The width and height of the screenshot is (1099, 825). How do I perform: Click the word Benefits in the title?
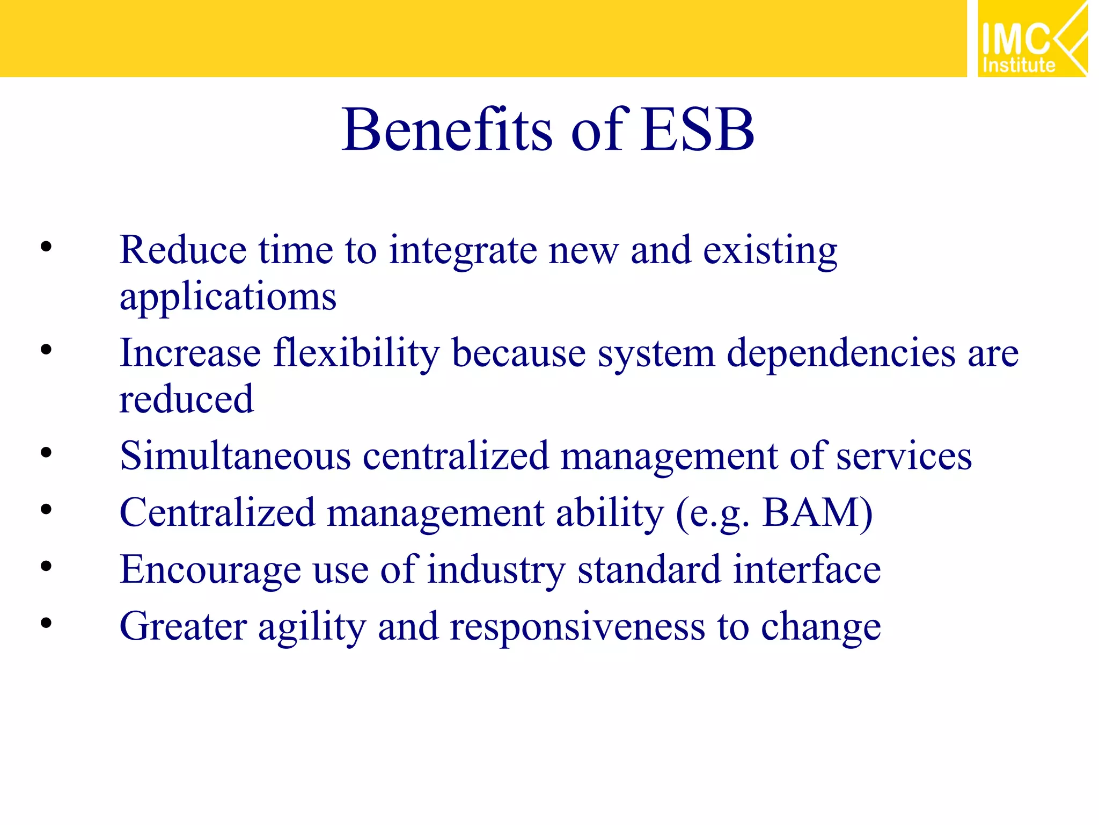coord(446,131)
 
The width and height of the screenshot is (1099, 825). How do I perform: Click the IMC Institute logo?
coord(1031,39)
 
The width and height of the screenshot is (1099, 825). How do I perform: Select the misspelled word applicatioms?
coord(228,297)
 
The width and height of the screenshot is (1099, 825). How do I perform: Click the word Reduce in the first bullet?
coord(182,250)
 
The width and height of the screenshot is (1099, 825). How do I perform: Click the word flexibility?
coord(356,354)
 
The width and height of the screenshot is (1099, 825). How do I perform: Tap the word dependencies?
coord(841,354)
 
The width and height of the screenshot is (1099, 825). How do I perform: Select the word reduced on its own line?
coord(186,400)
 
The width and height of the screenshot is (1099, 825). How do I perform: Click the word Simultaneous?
coord(235,456)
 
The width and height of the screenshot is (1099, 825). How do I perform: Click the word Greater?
coord(183,627)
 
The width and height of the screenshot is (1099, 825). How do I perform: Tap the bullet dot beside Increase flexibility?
coord(46,350)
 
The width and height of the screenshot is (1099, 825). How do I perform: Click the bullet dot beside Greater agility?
coord(46,623)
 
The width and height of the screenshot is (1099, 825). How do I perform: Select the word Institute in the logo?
coord(1019,66)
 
